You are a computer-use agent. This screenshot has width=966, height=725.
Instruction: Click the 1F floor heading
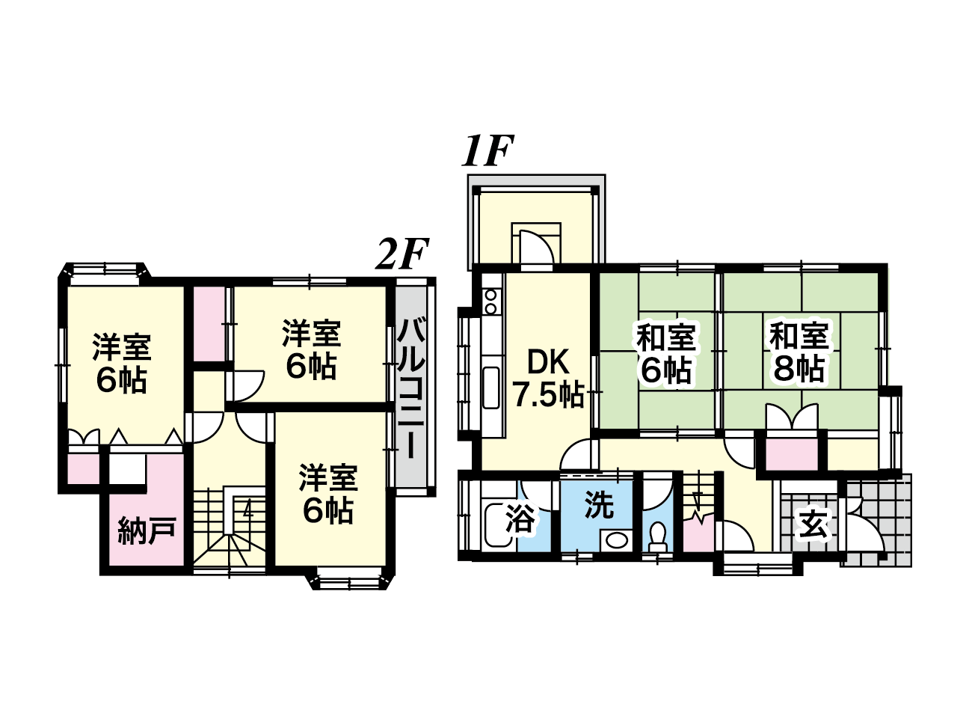(487, 151)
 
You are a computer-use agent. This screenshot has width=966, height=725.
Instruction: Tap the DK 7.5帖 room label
(548, 378)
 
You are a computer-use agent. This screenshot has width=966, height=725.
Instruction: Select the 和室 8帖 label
(799, 352)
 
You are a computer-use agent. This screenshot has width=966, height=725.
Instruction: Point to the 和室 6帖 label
(666, 353)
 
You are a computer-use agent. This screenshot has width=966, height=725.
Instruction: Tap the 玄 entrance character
(813, 524)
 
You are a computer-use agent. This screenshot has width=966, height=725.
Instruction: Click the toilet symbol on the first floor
(659, 535)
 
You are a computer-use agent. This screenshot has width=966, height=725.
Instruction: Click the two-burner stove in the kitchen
(490, 301)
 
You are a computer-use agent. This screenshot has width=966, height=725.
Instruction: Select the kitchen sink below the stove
(491, 388)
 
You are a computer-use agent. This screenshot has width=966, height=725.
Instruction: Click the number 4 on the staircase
(248, 511)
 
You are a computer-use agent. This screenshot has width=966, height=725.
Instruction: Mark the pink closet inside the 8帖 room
(792, 453)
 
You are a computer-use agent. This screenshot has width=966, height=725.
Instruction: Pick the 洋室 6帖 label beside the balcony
(312, 350)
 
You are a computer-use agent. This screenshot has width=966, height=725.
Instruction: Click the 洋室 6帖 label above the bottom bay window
(328, 494)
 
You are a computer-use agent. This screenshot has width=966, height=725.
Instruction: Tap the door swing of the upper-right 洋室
(247, 386)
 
